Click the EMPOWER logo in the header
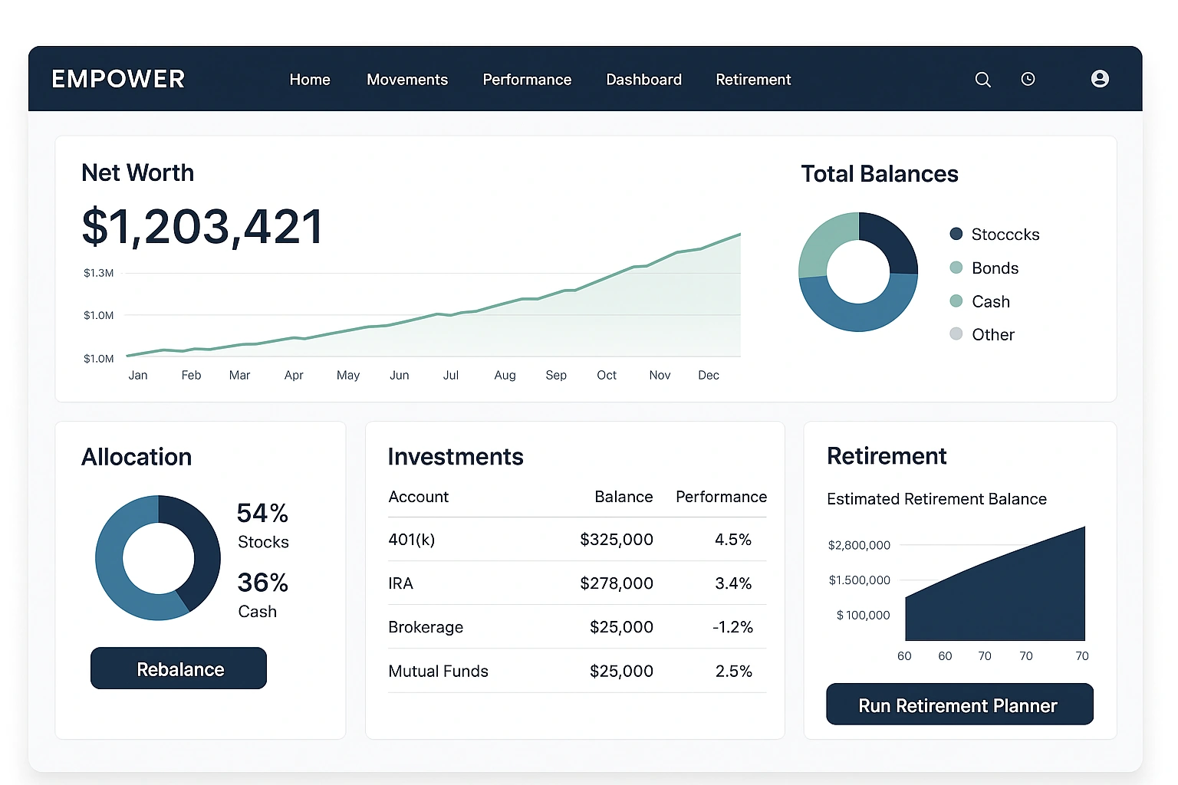coord(118,79)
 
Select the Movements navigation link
coord(406,80)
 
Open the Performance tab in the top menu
coord(527,80)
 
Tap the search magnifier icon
coord(982,80)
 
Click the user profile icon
coord(1100,79)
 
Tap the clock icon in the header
coord(1028,79)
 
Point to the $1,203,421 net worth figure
coord(202,227)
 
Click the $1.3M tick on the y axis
coord(98,273)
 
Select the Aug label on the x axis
coord(505,375)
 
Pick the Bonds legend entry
coord(994,268)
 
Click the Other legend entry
coord(992,335)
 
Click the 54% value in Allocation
coord(262,513)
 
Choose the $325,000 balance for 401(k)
coord(616,540)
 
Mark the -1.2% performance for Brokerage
coord(732,627)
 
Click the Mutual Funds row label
coord(438,672)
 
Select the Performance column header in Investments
coord(721,497)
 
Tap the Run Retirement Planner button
coord(959,705)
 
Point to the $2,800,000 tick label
coord(859,545)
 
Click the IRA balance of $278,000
coord(616,583)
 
